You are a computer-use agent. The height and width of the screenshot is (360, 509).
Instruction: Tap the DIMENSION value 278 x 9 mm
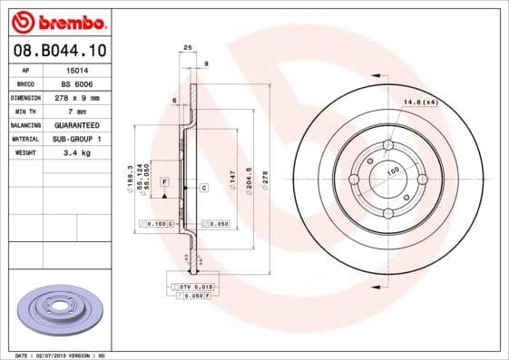[x=80, y=96]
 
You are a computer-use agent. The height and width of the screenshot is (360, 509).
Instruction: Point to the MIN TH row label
[x=24, y=110]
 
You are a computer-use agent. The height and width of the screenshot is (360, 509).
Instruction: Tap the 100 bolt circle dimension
[x=393, y=170]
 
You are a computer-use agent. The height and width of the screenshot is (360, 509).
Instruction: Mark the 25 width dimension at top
[x=188, y=46]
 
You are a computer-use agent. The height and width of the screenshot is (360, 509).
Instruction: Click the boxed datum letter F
[x=164, y=182]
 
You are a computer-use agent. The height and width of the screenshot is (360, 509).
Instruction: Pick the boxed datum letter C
[x=204, y=188]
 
